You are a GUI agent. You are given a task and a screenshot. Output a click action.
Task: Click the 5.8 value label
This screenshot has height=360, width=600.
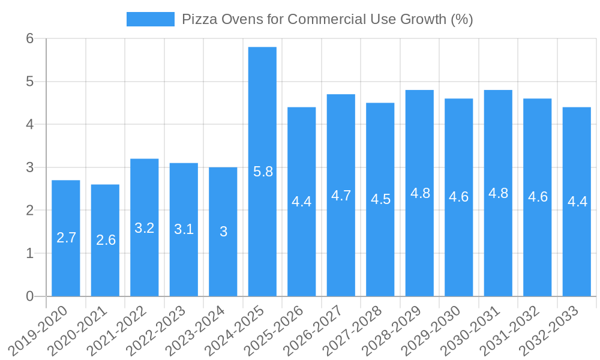pos(263,172)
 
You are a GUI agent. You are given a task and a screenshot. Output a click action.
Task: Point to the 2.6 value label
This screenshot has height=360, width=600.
pos(106,240)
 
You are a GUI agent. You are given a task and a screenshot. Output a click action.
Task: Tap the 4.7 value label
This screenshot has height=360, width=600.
pos(341,196)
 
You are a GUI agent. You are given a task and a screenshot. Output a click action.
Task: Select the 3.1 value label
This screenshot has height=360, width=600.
pos(184,229)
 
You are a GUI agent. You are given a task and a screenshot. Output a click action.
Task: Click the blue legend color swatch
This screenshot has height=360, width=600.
pos(150,19)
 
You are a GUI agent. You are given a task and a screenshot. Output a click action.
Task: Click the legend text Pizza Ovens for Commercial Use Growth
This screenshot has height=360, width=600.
pos(328,19)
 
